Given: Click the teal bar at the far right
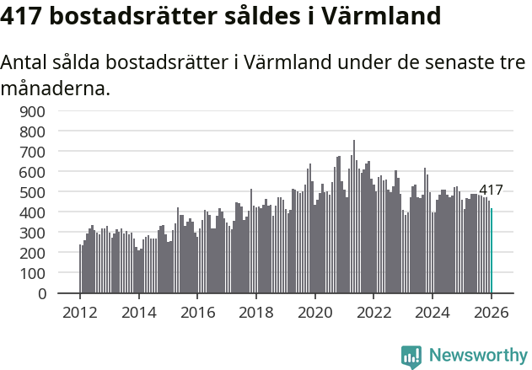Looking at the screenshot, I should pos(492,251).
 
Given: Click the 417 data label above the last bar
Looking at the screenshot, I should pos(491,190).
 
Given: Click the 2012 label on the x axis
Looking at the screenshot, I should pos(80,311).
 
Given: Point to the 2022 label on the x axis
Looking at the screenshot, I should pos(373,311).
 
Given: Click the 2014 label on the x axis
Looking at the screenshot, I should pos(139,311).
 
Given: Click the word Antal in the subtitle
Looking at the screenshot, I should pos(25,63).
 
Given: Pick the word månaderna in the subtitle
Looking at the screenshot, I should pos(56,88).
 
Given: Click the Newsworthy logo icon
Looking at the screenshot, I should pos(411,357).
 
